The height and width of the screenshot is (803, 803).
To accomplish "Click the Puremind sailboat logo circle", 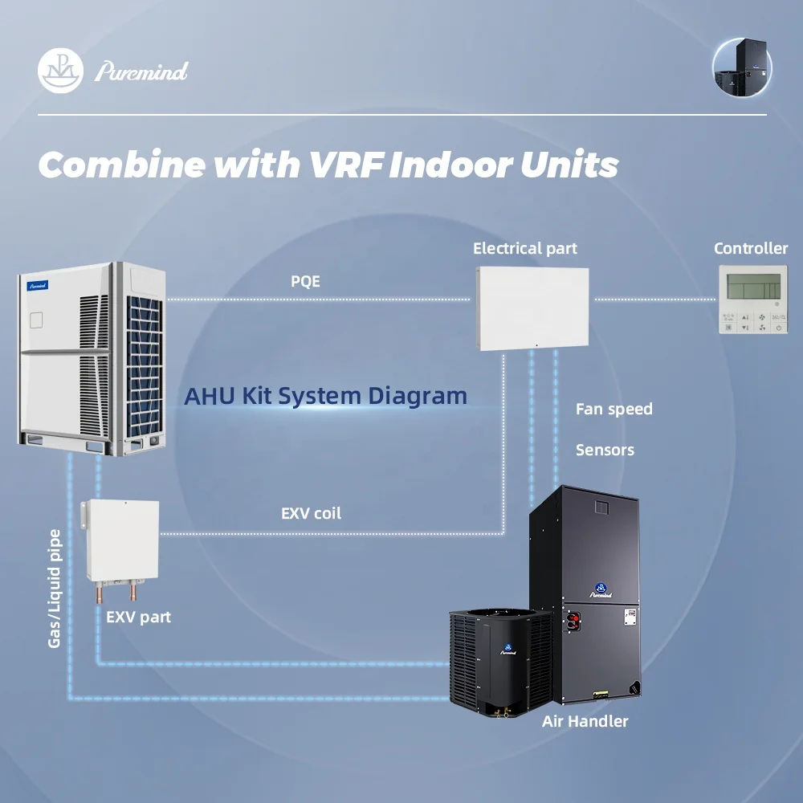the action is coord(60,71).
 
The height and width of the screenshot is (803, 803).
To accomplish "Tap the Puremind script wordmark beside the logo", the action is coord(141,71).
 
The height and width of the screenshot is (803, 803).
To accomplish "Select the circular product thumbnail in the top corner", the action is coord(743,67).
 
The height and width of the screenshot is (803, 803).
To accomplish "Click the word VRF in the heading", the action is coord(346,165).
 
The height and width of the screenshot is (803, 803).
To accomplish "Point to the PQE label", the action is coord(305,281).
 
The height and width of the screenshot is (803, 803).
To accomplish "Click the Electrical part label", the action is coord(525,248).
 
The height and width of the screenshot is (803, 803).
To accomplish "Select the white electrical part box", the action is coord(532,308).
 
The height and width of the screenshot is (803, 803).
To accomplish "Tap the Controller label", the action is coord(751,248).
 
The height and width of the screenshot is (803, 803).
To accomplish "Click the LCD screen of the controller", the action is coord(754,287).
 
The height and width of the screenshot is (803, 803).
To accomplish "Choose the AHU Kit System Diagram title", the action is coord(326,396).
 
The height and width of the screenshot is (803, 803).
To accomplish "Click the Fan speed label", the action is coord(614,410).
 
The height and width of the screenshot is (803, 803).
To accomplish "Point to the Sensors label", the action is coord(605,450).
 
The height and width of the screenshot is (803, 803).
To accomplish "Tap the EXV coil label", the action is coord(311,514).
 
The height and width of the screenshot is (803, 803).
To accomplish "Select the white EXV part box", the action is coord(121,541).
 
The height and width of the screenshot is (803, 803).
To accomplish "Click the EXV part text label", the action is coord(138,617).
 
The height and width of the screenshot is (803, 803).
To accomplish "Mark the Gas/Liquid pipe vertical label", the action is coord(55,589).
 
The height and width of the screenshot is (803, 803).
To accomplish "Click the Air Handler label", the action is coord(585,722).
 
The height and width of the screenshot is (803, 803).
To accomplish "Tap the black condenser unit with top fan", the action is coord(501,662).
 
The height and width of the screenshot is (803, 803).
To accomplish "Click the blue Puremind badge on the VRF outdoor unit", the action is coord(38,285).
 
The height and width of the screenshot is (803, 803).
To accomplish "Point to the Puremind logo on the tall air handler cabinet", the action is coord(601,590).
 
